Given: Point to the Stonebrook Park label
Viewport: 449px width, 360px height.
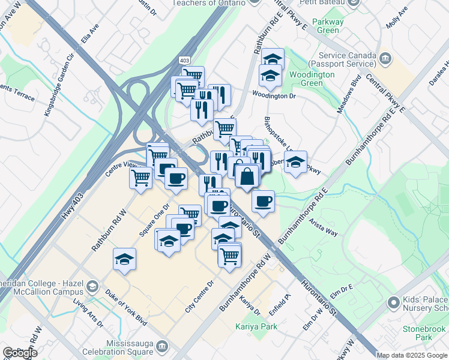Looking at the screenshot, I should (x=425, y=333).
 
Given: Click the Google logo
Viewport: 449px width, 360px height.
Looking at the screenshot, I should (x=19, y=353).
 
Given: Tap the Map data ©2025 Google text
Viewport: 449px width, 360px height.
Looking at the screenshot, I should (x=412, y=355).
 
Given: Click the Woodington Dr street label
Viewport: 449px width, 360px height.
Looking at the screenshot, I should (x=274, y=95).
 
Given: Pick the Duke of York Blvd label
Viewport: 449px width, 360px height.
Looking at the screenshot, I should (x=125, y=307).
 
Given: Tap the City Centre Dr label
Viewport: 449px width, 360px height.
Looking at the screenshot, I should (x=199, y=297).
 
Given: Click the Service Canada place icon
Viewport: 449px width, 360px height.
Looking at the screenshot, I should (x=385, y=58).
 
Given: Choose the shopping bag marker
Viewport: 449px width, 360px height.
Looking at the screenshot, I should (x=247, y=176).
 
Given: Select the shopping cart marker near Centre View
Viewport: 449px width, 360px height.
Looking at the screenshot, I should (x=140, y=177).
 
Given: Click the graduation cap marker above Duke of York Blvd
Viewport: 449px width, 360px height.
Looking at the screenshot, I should (x=125, y=259).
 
